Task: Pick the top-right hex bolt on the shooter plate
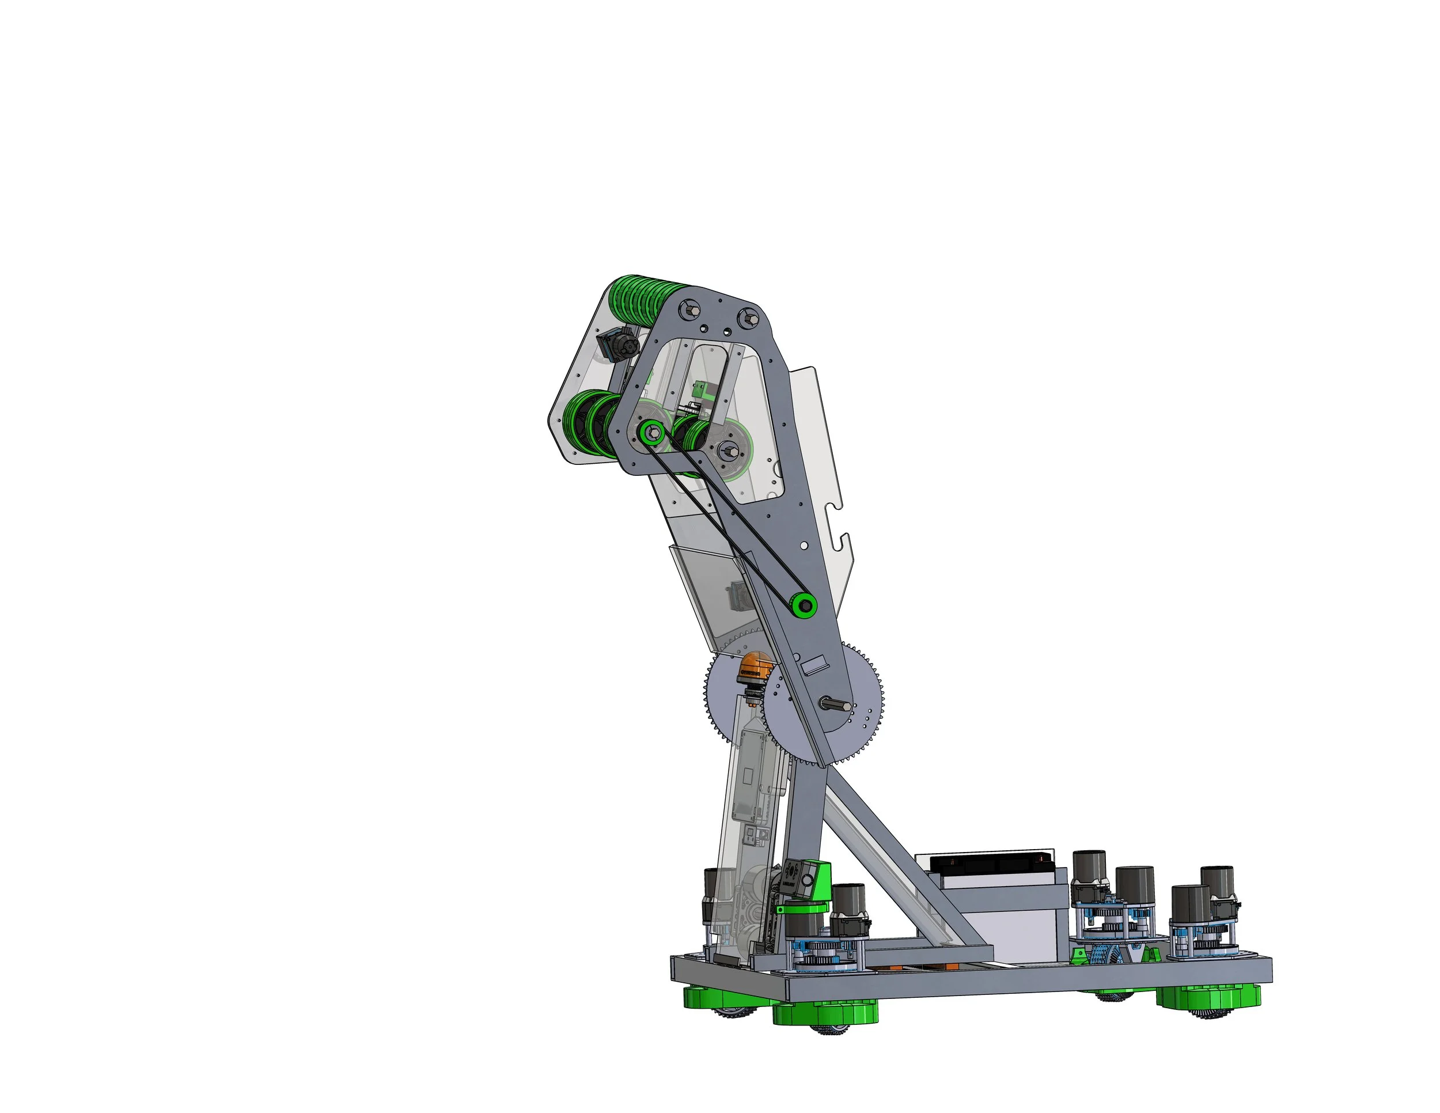click(x=750, y=319)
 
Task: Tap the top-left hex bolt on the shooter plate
click(x=691, y=307)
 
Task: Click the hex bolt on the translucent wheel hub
click(x=730, y=452)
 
